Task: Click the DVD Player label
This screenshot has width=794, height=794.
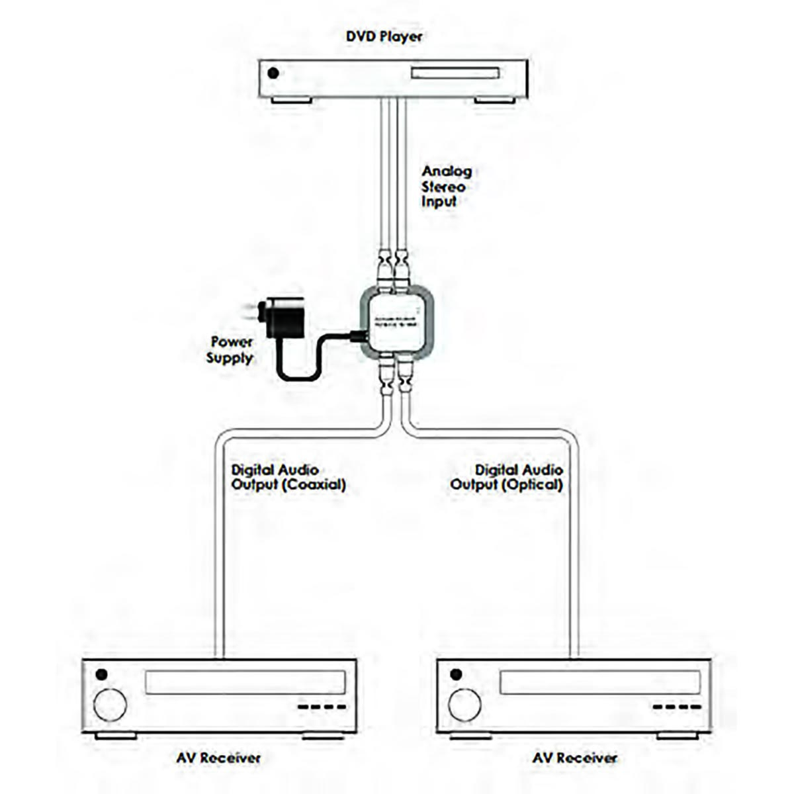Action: click(x=384, y=36)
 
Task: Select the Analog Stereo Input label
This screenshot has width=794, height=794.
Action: click(x=447, y=186)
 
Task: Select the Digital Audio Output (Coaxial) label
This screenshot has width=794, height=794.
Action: click(x=288, y=477)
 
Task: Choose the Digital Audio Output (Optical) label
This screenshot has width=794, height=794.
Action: click(x=507, y=477)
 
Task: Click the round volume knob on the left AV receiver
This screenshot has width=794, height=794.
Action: click(x=110, y=705)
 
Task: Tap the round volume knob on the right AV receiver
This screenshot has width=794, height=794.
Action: click(x=465, y=705)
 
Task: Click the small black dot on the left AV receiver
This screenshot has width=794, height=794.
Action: click(x=101, y=675)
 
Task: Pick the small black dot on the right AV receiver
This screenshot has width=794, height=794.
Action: click(x=455, y=675)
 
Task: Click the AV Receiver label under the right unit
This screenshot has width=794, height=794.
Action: click(x=574, y=758)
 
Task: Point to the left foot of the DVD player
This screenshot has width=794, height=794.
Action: click(x=292, y=101)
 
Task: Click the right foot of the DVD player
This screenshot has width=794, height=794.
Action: click(x=495, y=101)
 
